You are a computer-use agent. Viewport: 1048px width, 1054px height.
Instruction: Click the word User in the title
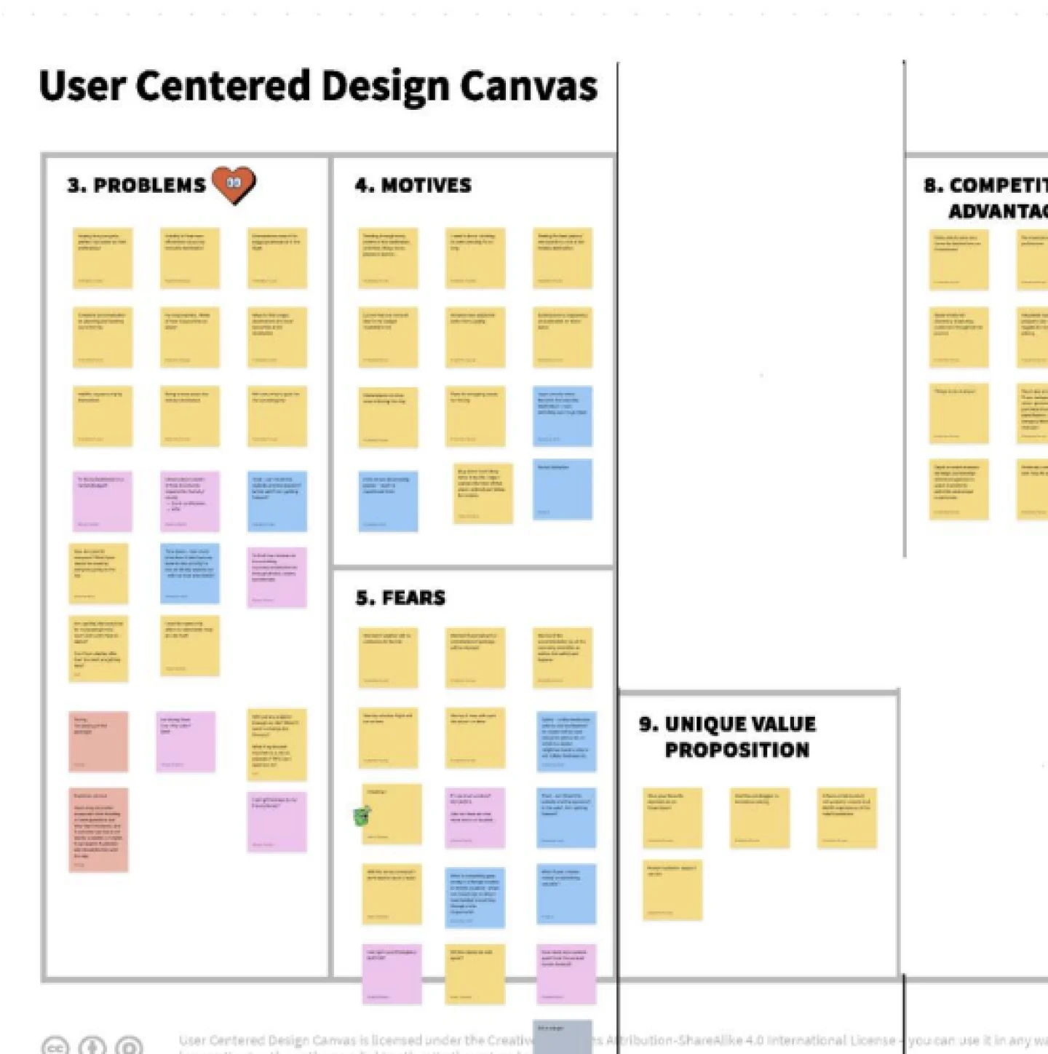(x=82, y=86)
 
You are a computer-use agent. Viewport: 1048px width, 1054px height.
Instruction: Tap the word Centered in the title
(x=223, y=86)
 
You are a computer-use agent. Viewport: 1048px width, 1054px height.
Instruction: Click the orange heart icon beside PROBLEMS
(x=234, y=184)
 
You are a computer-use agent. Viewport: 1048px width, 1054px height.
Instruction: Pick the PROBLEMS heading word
(x=150, y=186)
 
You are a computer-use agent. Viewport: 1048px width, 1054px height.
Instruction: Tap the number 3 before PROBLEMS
(x=75, y=186)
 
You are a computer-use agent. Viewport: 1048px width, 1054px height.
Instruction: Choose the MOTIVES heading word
(x=426, y=186)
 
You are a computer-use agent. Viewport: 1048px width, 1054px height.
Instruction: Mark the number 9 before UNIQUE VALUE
(x=648, y=724)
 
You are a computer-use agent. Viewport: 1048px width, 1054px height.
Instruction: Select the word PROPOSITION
(x=737, y=750)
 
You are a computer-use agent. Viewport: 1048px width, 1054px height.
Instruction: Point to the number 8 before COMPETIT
(x=932, y=186)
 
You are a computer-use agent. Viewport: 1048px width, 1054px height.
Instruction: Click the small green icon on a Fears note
(x=362, y=815)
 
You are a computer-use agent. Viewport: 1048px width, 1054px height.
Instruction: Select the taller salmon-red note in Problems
(x=99, y=830)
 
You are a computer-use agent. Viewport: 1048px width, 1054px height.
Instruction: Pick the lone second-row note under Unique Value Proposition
(x=672, y=890)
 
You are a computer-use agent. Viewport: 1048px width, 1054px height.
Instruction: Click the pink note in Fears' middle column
(x=475, y=817)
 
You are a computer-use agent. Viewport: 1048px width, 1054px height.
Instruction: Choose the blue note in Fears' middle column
(x=475, y=898)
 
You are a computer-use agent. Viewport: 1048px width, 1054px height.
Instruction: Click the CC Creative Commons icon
(x=55, y=1046)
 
